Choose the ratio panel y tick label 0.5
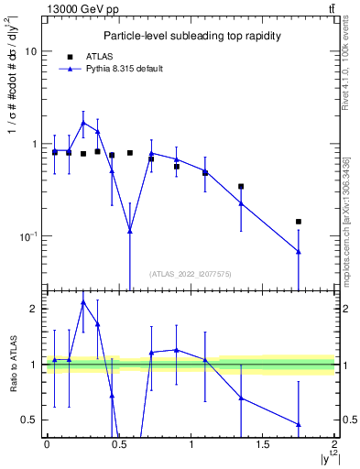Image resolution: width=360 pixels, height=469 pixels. tap(27, 420)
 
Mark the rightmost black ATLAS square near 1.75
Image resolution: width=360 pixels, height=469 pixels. tap(299, 222)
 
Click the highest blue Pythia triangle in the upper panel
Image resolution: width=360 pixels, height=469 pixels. tap(83, 122)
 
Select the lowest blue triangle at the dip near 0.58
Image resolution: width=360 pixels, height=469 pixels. tap(130, 231)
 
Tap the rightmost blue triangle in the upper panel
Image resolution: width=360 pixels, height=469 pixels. tap(299, 251)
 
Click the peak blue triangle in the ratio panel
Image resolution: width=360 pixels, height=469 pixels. tap(83, 301)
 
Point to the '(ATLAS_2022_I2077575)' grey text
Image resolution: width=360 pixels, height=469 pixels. tap(190, 273)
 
